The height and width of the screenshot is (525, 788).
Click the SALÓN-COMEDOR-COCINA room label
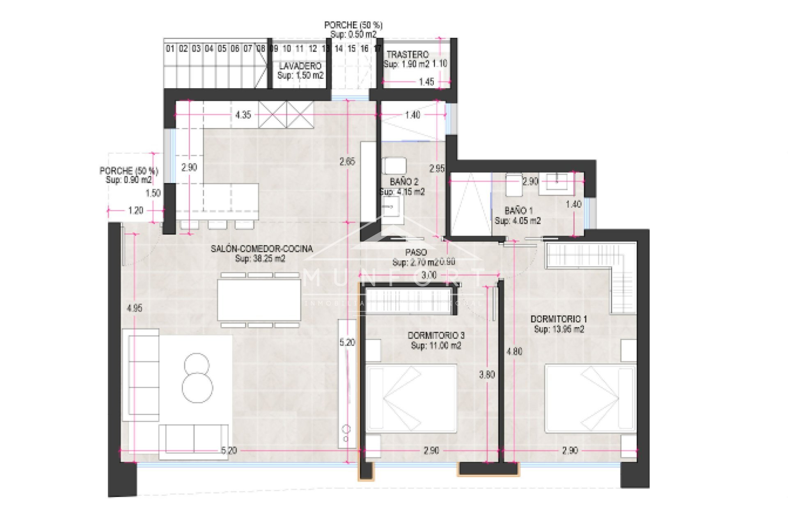[x=261, y=249]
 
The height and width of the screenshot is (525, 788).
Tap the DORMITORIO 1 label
[x=559, y=319]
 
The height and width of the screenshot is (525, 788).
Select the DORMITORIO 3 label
[x=436, y=336]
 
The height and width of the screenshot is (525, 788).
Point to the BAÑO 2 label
[x=404, y=182]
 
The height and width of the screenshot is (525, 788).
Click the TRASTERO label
[x=407, y=55]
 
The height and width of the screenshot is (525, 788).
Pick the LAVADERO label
[x=300, y=66]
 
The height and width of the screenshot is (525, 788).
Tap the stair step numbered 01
[x=170, y=49]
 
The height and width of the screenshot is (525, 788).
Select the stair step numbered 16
[x=364, y=49]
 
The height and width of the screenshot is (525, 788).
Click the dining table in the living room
[x=259, y=299]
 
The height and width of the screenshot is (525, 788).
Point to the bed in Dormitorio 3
[x=411, y=398]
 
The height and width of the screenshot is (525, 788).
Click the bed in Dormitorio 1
[x=590, y=398]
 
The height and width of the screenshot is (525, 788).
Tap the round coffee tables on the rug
[x=197, y=378]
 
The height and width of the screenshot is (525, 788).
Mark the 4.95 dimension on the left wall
[x=135, y=308]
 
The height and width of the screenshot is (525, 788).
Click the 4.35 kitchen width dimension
[x=243, y=115]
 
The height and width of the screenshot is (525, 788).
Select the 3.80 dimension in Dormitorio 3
[x=487, y=374]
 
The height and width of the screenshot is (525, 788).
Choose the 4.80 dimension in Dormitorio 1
[x=514, y=352]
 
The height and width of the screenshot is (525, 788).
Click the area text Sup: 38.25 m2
[x=260, y=259]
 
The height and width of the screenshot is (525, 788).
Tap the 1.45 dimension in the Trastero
[x=426, y=82]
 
